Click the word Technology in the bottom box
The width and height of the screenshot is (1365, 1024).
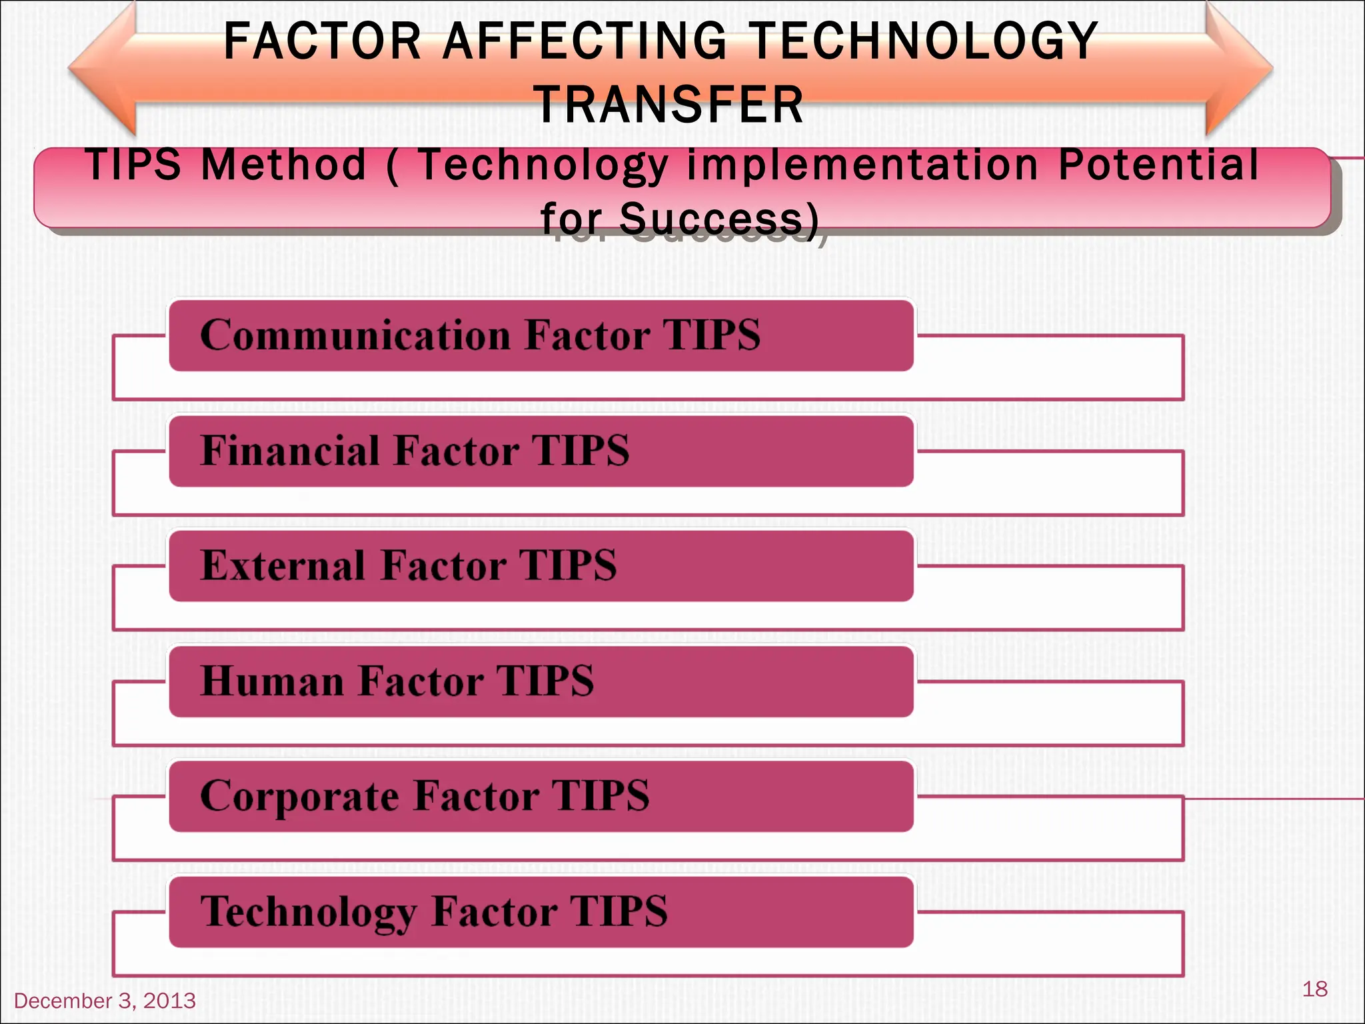[x=307, y=912]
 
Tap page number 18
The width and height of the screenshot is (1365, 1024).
[x=1314, y=989]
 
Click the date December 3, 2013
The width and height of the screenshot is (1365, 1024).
[x=105, y=1001]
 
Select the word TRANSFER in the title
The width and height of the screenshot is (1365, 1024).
[x=669, y=105]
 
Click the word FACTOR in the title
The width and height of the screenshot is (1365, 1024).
[x=323, y=41]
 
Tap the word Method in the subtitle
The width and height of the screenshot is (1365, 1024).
[x=284, y=165]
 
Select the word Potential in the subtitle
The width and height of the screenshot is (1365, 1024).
[x=1158, y=165]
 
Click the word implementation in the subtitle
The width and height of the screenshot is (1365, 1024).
[x=862, y=165]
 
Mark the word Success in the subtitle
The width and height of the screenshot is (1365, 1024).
[x=710, y=219]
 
